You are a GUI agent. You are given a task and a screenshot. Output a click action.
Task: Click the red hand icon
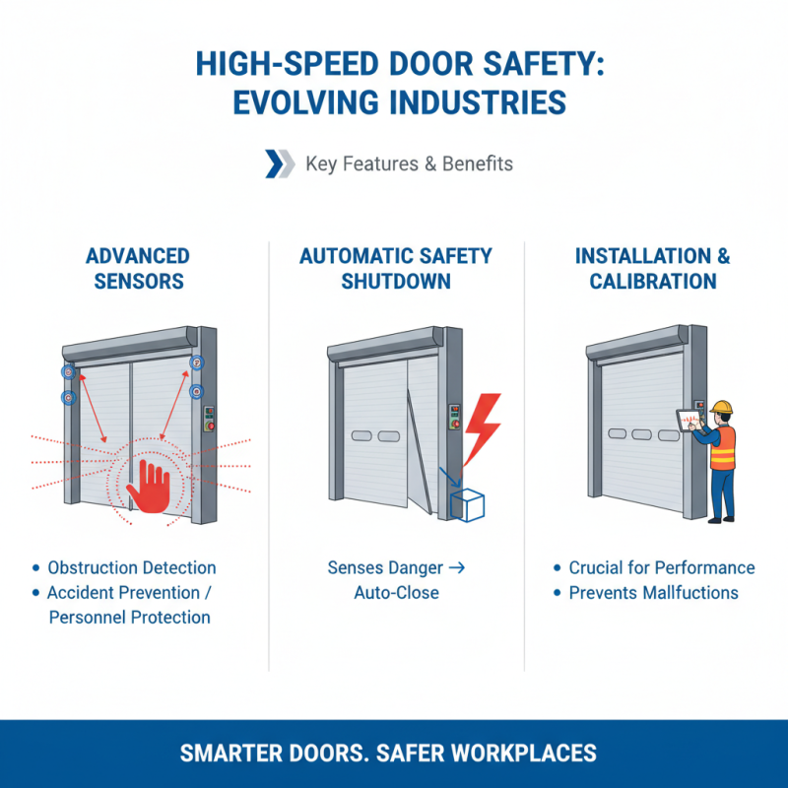coord(150,485)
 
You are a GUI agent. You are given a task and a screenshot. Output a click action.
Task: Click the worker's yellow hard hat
coord(723,407)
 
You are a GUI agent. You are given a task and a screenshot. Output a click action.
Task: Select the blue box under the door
coord(467,505)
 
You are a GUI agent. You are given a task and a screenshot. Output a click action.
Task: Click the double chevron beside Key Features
coord(280,164)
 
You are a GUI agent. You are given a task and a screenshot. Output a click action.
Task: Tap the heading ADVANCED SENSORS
coord(137,268)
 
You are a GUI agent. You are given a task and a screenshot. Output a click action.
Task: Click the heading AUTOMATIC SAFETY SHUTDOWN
coord(395,268)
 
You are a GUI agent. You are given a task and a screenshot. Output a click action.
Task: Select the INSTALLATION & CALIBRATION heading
coord(652,268)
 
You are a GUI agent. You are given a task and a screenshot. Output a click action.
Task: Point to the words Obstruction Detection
coord(131,567)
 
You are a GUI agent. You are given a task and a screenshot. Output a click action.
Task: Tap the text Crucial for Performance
coord(661,567)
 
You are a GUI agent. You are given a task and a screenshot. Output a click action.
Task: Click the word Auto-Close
coord(395,593)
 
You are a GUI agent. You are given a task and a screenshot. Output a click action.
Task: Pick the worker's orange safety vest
coord(724,448)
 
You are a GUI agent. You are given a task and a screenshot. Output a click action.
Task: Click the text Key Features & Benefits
coord(409,164)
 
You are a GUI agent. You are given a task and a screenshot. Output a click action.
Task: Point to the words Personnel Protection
coord(131,618)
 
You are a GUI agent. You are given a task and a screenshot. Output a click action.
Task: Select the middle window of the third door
coord(641,434)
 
